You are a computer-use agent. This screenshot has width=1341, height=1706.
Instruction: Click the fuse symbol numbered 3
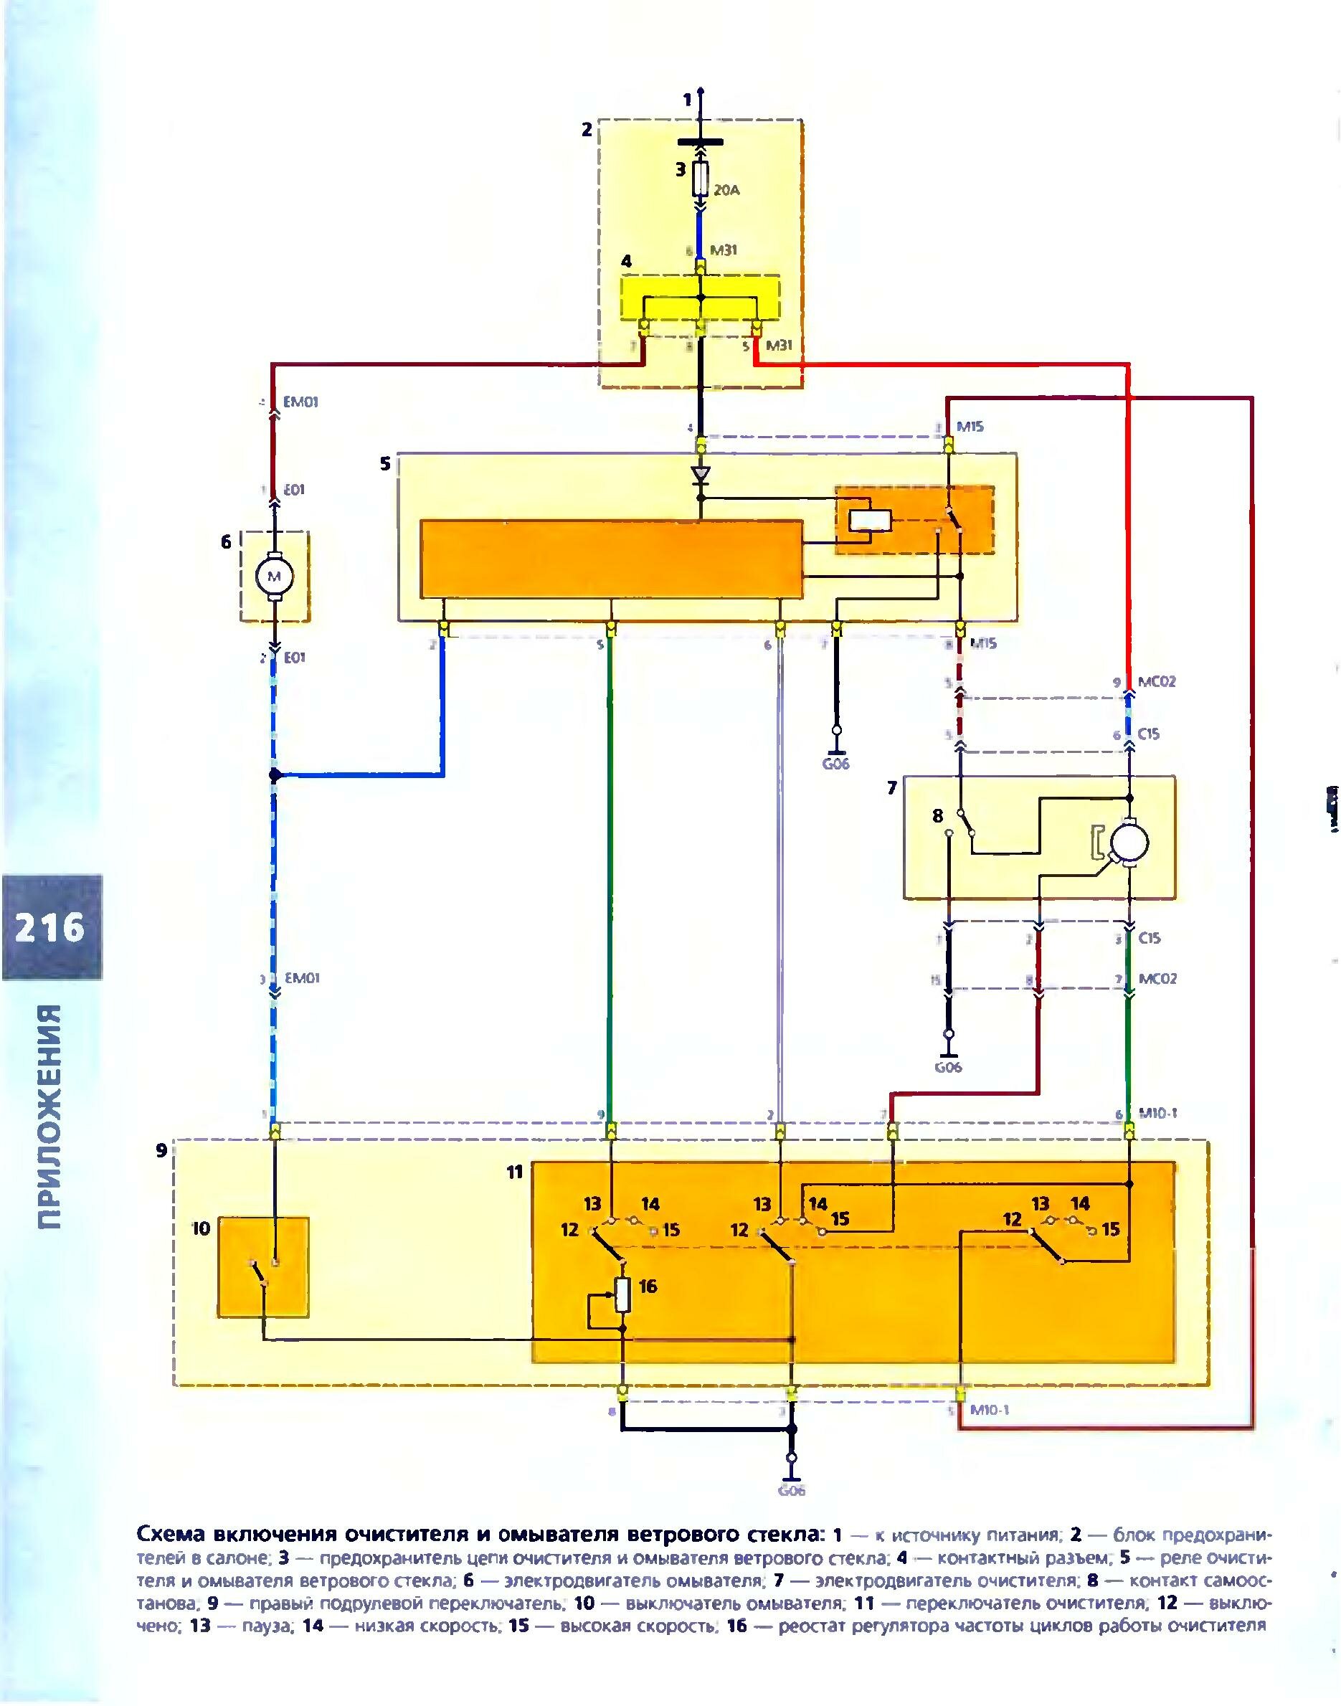tap(701, 179)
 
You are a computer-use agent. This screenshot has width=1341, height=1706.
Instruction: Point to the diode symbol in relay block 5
tap(701, 475)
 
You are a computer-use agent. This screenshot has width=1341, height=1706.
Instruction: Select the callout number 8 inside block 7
tap(937, 815)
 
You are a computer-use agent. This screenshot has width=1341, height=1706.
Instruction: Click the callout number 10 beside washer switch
tap(201, 1227)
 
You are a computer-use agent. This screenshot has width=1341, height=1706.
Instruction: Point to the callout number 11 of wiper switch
tap(514, 1172)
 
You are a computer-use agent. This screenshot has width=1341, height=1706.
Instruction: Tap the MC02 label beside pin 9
tap(1157, 681)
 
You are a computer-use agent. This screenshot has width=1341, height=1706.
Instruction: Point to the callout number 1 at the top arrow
tap(687, 100)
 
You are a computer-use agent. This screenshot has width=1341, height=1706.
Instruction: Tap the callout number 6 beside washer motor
tap(226, 541)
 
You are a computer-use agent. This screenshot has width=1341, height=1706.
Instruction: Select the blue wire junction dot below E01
tap(274, 776)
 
